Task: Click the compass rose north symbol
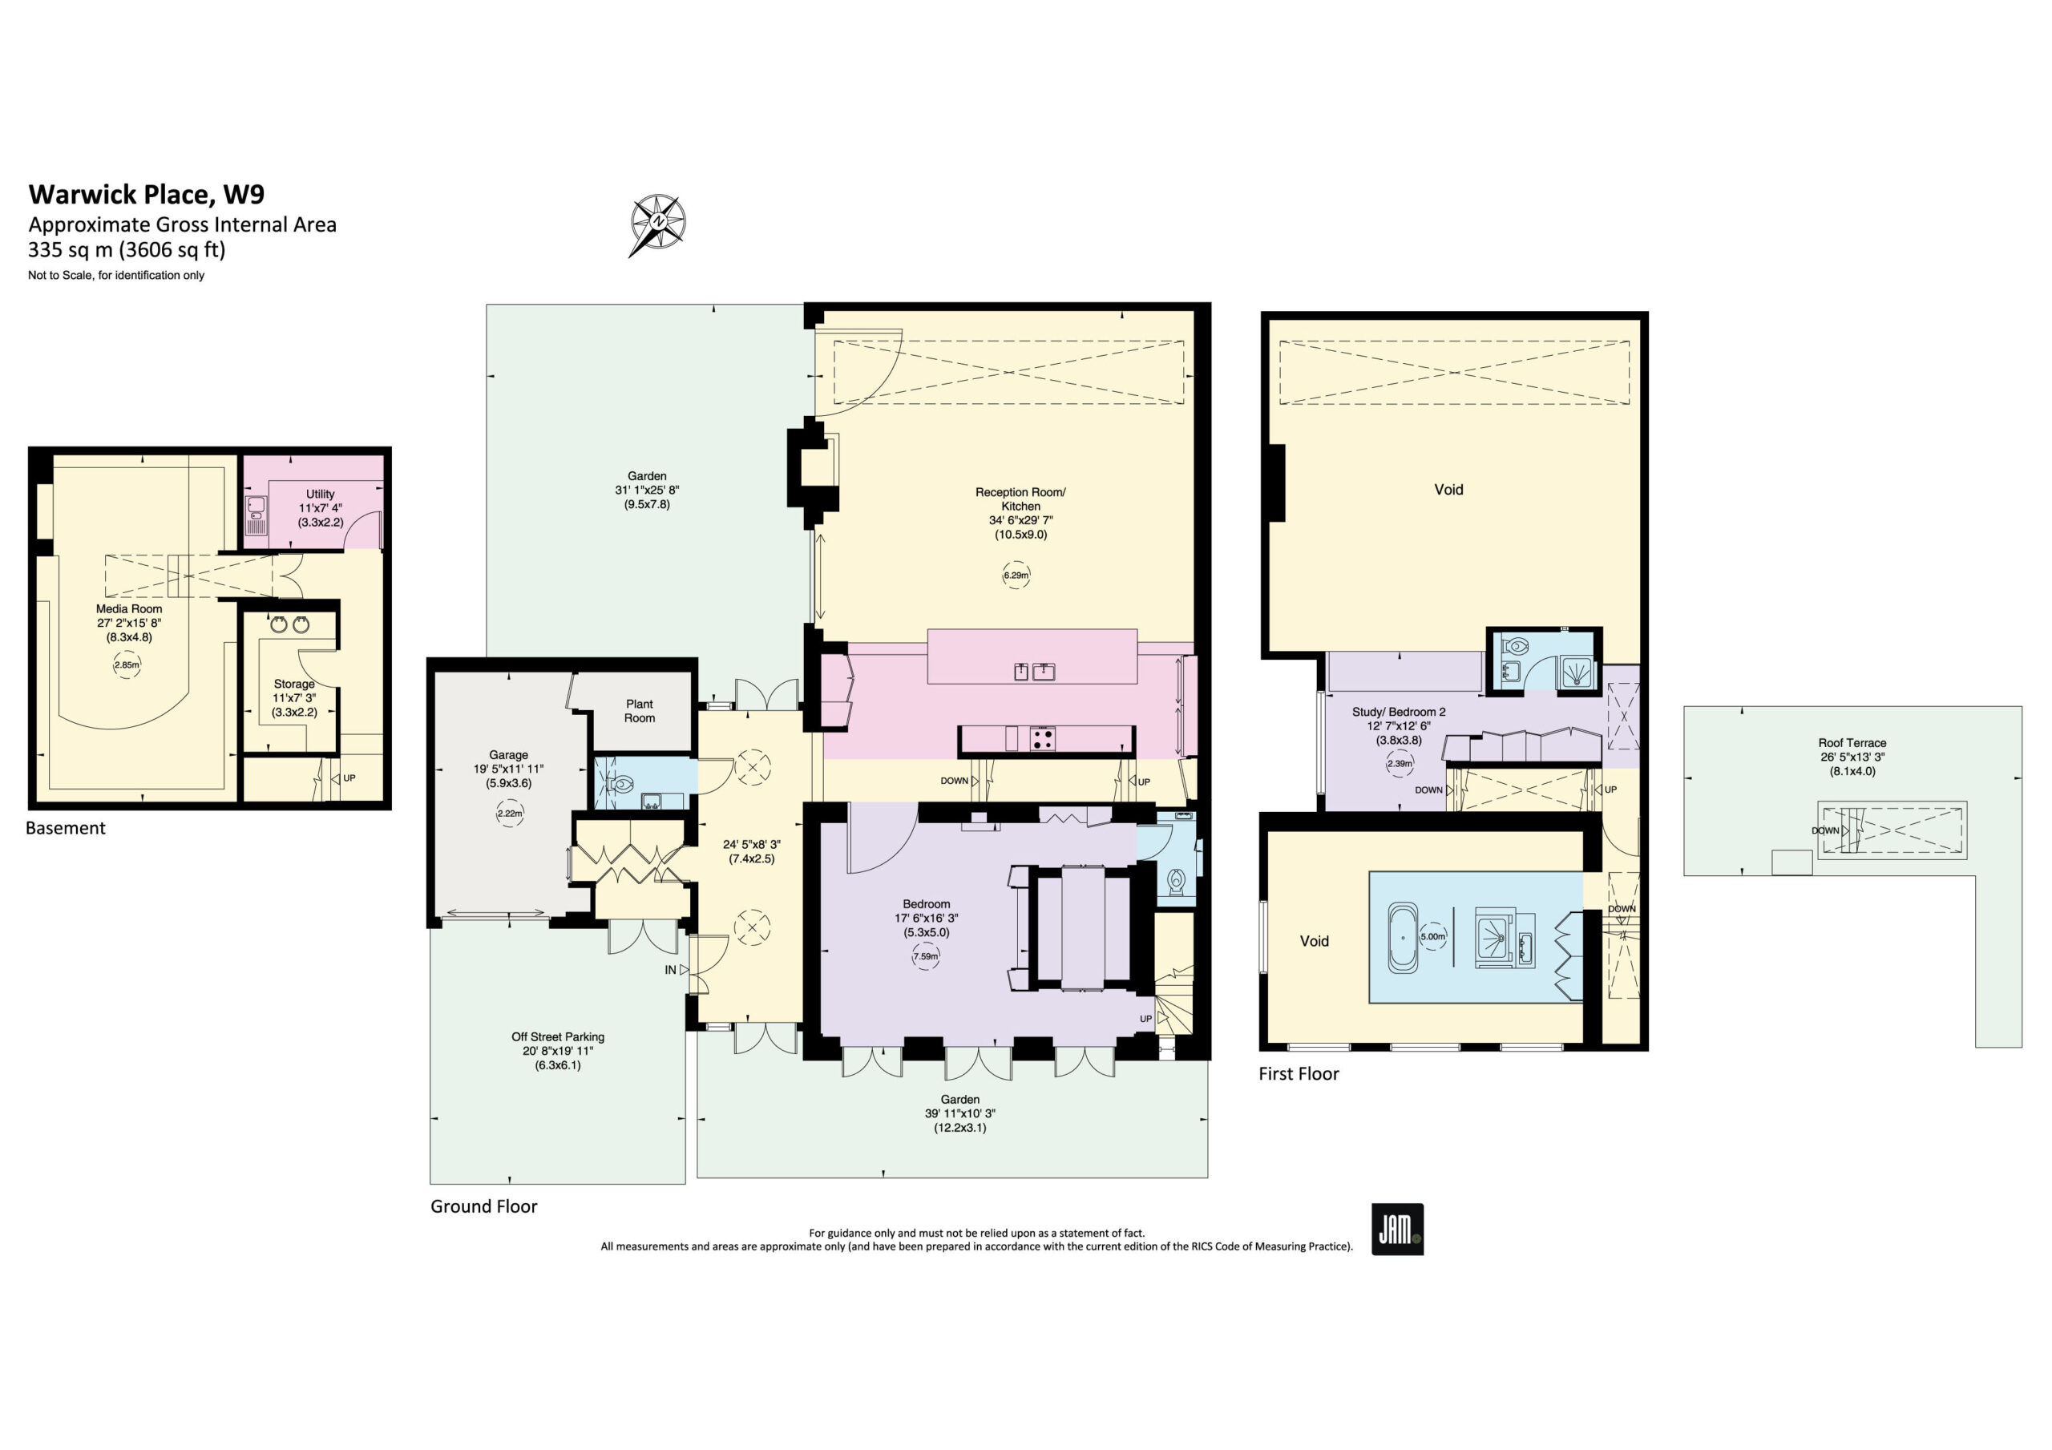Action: pyautogui.click(x=658, y=224)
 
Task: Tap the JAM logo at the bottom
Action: pyautogui.click(x=1397, y=1230)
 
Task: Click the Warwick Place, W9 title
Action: pyautogui.click(x=147, y=194)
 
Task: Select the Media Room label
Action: pyautogui.click(x=130, y=609)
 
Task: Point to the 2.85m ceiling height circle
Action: pyautogui.click(x=127, y=665)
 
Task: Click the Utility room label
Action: pyautogui.click(x=320, y=494)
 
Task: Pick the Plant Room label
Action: pyautogui.click(x=639, y=711)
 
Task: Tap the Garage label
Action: pyautogui.click(x=508, y=754)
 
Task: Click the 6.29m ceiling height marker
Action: pyautogui.click(x=1016, y=576)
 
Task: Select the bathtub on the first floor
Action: pyautogui.click(x=1401, y=938)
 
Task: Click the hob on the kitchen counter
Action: pyautogui.click(x=1042, y=739)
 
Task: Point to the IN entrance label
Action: pyautogui.click(x=670, y=970)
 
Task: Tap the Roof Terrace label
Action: pyautogui.click(x=1852, y=743)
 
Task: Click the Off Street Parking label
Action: pyautogui.click(x=558, y=1037)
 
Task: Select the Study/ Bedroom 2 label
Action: pyautogui.click(x=1399, y=712)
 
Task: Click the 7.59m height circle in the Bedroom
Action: pyautogui.click(x=926, y=956)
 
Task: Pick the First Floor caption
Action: pyautogui.click(x=1299, y=1073)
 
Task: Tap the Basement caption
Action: pyautogui.click(x=65, y=828)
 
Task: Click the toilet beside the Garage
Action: pyautogui.click(x=620, y=784)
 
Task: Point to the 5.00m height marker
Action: pyautogui.click(x=1432, y=937)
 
